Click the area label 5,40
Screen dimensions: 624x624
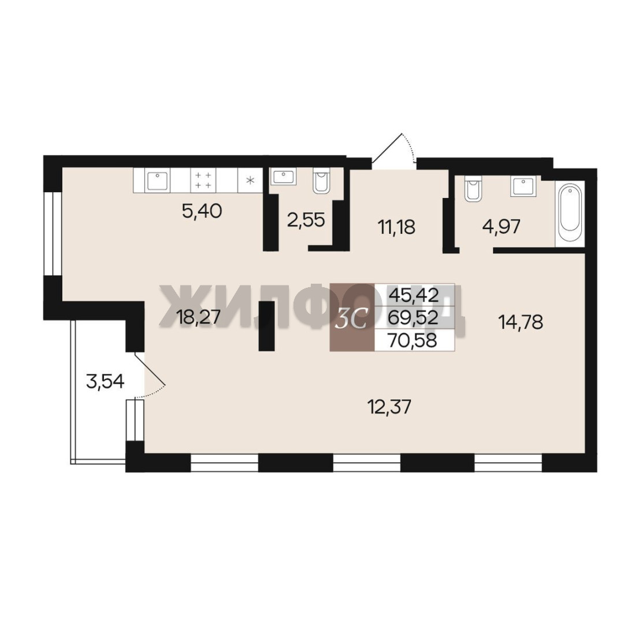(202, 211)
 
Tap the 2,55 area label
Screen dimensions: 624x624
(306, 220)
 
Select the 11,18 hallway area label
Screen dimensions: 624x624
(396, 227)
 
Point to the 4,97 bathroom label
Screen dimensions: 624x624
(502, 226)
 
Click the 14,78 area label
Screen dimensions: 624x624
(521, 322)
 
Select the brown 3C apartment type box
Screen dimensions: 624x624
(352, 317)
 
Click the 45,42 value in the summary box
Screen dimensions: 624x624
(414, 295)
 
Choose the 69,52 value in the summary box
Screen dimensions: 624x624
(414, 317)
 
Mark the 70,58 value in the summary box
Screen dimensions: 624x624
(414, 340)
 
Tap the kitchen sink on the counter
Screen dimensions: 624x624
(158, 181)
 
